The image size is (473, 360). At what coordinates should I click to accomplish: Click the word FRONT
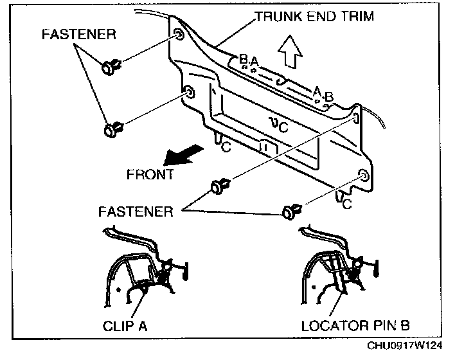[150, 175]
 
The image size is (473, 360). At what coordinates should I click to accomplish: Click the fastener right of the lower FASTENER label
[219, 186]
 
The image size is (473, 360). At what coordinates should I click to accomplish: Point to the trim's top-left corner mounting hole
[177, 34]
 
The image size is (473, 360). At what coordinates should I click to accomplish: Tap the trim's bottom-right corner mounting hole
[363, 175]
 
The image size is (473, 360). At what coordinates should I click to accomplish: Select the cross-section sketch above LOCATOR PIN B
[334, 267]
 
